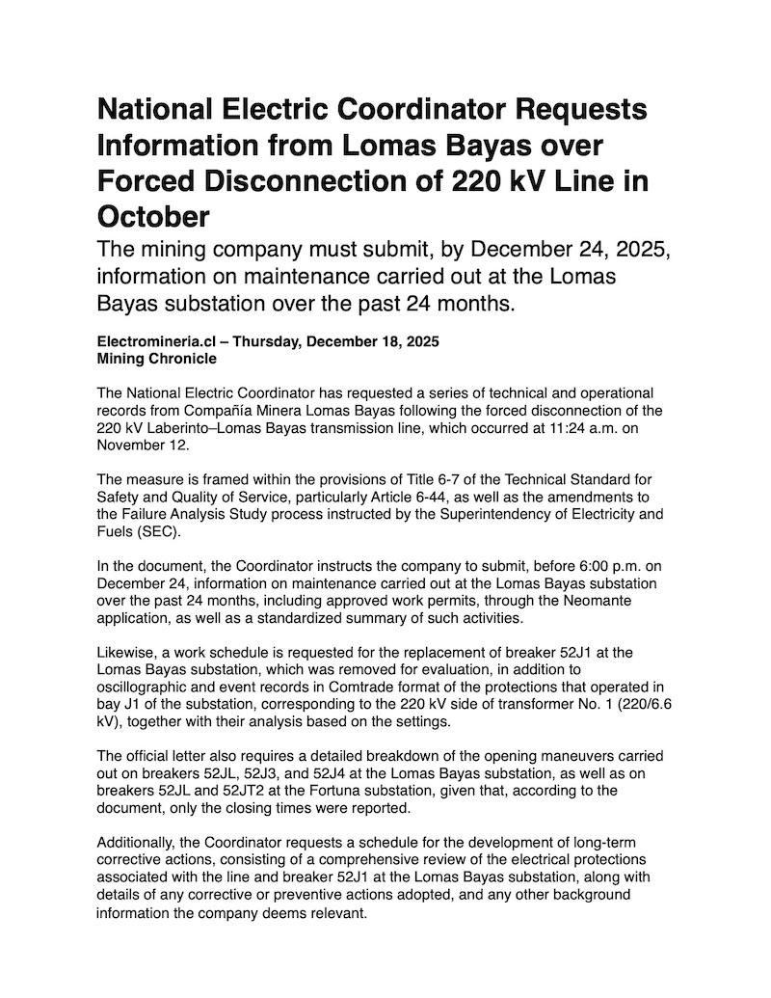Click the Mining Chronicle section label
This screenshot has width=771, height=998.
point(157,358)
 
